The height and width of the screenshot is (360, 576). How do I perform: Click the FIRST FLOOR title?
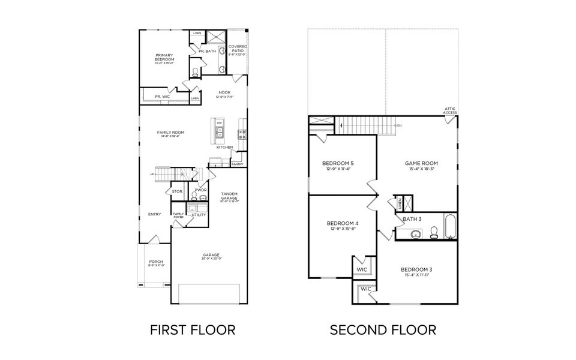[192, 329]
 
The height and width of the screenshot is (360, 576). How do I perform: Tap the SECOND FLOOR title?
[383, 329]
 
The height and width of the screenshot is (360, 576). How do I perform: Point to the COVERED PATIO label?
[238, 48]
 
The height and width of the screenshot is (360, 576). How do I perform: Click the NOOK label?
[224, 92]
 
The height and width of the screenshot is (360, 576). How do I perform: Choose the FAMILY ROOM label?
[170, 132]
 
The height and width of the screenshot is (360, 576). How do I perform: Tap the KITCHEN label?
[225, 147]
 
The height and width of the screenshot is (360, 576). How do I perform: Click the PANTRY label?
[237, 164]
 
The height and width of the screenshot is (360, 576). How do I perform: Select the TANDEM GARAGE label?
[229, 196]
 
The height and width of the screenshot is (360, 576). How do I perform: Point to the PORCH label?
[155, 262]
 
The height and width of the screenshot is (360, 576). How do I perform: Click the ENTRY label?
[155, 214]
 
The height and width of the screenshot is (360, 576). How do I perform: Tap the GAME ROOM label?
[421, 163]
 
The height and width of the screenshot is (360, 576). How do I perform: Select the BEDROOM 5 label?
[338, 164]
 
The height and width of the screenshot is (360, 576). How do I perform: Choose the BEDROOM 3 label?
[416, 269]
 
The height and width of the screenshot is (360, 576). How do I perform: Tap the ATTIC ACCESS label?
[450, 111]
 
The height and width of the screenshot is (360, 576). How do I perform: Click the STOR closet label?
[177, 191]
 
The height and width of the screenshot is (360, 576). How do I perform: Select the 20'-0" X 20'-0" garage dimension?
[212, 259]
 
